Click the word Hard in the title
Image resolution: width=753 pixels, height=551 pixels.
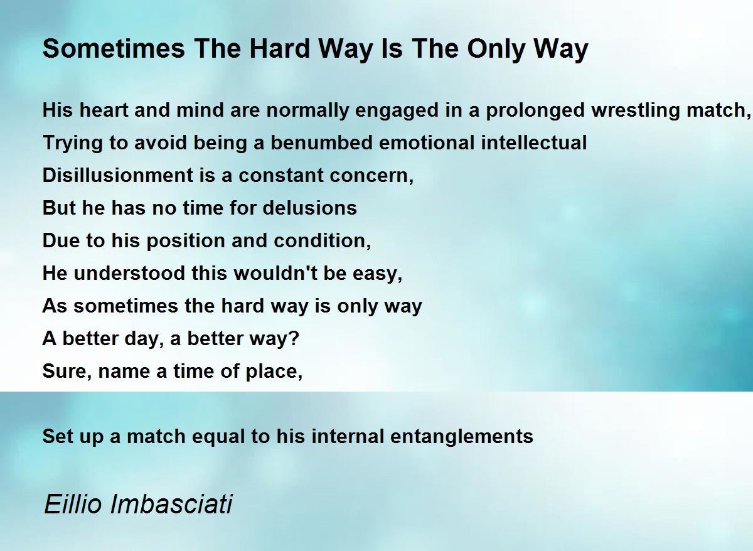[x=279, y=49]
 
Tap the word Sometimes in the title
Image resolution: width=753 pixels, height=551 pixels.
[x=114, y=49]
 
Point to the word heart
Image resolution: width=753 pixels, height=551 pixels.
[x=104, y=110]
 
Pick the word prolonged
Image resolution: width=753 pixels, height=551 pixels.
[x=535, y=111]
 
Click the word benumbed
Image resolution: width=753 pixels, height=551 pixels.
[x=321, y=142]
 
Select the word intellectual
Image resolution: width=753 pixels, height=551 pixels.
[x=534, y=142]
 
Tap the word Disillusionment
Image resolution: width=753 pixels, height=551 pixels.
[x=118, y=175]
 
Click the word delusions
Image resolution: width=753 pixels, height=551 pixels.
[x=309, y=208]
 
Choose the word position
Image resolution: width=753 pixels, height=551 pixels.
[x=186, y=242]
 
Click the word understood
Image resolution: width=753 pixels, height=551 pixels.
[x=129, y=273]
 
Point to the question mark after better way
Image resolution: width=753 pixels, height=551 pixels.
[x=294, y=338]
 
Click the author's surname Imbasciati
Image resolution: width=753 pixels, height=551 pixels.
[x=171, y=504]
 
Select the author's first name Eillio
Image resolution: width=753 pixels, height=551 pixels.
[x=73, y=504]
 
